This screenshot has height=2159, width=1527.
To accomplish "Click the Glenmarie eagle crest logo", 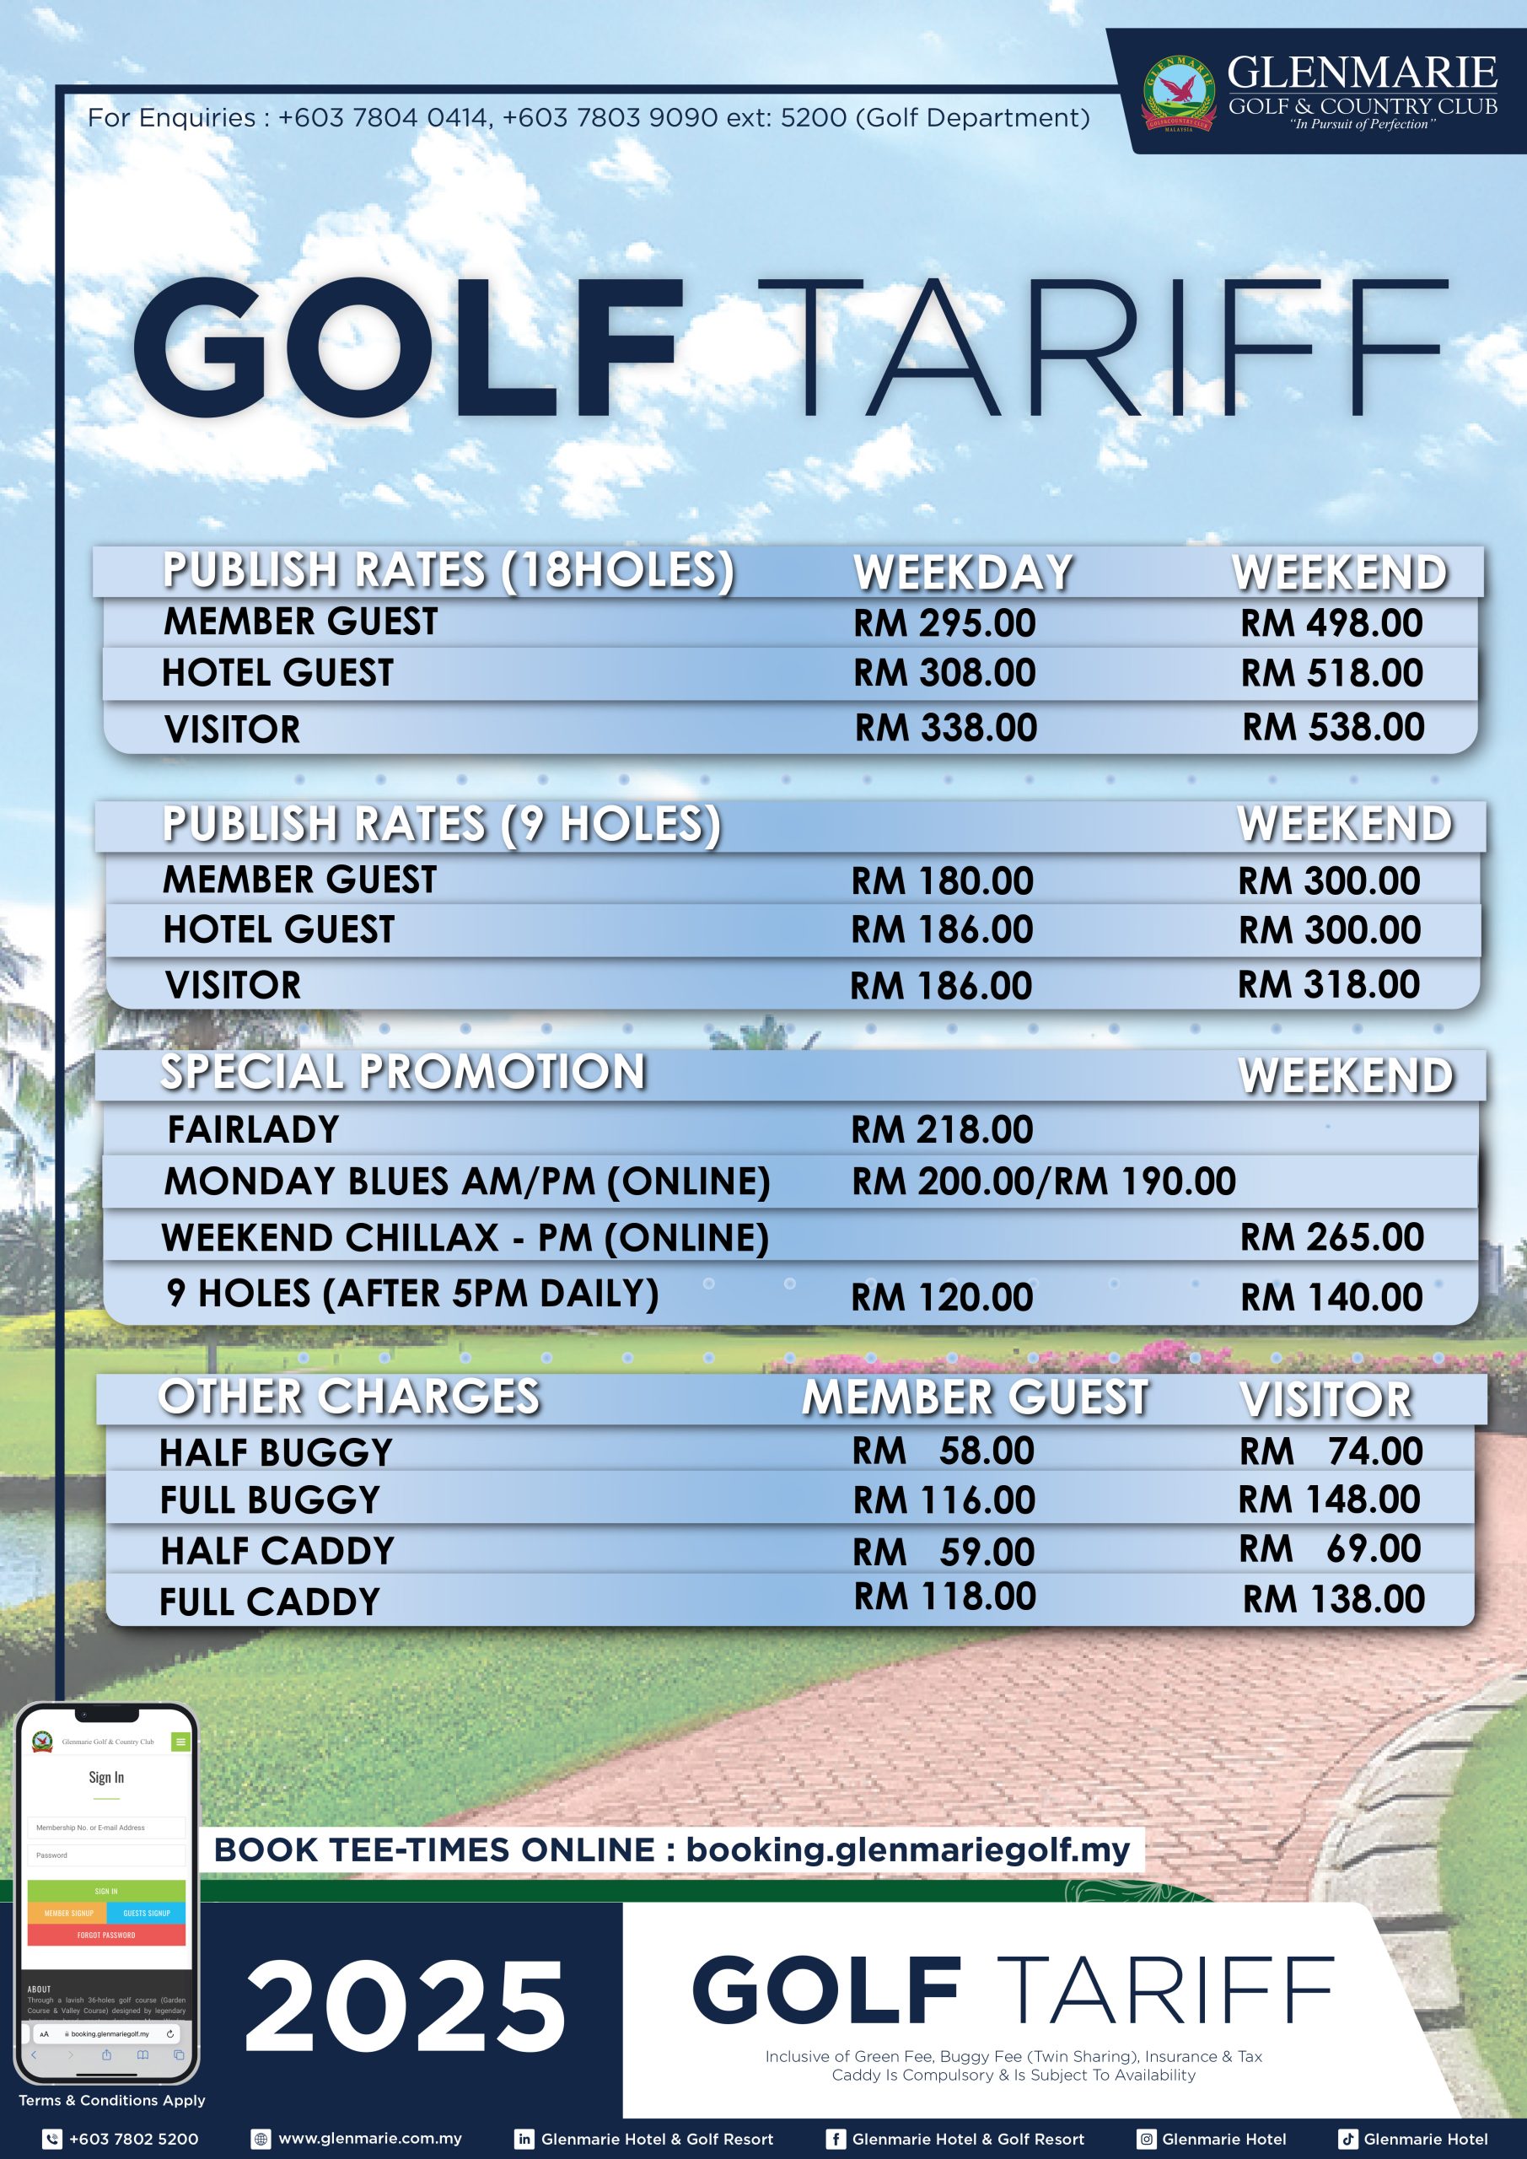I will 1178,92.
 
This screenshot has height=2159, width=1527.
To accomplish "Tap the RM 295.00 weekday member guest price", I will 944,623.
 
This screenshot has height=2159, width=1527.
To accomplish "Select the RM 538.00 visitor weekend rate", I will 1332,727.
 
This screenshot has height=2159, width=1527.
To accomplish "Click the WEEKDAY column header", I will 963,572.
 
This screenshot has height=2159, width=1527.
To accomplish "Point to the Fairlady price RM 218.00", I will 941,1129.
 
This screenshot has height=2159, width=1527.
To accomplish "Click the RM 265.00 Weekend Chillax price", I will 1331,1237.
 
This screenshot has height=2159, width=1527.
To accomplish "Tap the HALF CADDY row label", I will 277,1551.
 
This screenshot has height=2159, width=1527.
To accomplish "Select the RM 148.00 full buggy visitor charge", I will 1329,1499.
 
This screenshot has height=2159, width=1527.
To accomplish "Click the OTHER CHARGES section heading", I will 349,1397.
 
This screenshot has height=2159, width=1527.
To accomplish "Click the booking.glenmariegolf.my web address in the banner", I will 907,1849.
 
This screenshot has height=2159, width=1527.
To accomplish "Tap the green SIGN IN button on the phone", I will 106,1891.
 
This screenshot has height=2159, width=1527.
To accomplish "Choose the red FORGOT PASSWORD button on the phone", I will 106,1936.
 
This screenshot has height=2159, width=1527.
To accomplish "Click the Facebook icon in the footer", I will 835,2140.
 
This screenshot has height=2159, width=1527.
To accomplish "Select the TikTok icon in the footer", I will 1347,2140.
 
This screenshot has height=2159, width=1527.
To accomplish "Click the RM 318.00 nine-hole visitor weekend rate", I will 1328,984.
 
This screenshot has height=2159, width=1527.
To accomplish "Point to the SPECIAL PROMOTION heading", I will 402,1072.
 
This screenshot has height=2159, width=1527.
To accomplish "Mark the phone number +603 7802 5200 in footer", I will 133,2140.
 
